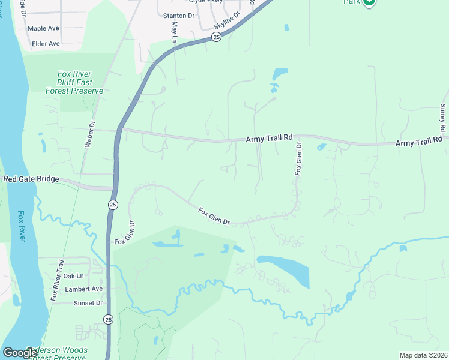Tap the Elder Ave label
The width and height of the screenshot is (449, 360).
(46, 44)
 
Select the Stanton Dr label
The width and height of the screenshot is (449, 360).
(179, 16)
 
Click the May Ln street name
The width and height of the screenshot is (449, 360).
(175, 32)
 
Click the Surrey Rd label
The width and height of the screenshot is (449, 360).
(442, 118)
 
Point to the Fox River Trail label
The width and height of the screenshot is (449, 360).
(58, 280)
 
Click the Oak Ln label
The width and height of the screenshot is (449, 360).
(73, 276)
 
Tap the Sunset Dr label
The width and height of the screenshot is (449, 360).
(88, 303)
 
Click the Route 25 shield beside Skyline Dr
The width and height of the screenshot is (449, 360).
(216, 37)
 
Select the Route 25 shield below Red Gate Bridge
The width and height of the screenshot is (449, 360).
(113, 205)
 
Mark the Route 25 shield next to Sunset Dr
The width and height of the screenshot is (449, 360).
(107, 319)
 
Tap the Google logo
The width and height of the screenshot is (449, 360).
(20, 353)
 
